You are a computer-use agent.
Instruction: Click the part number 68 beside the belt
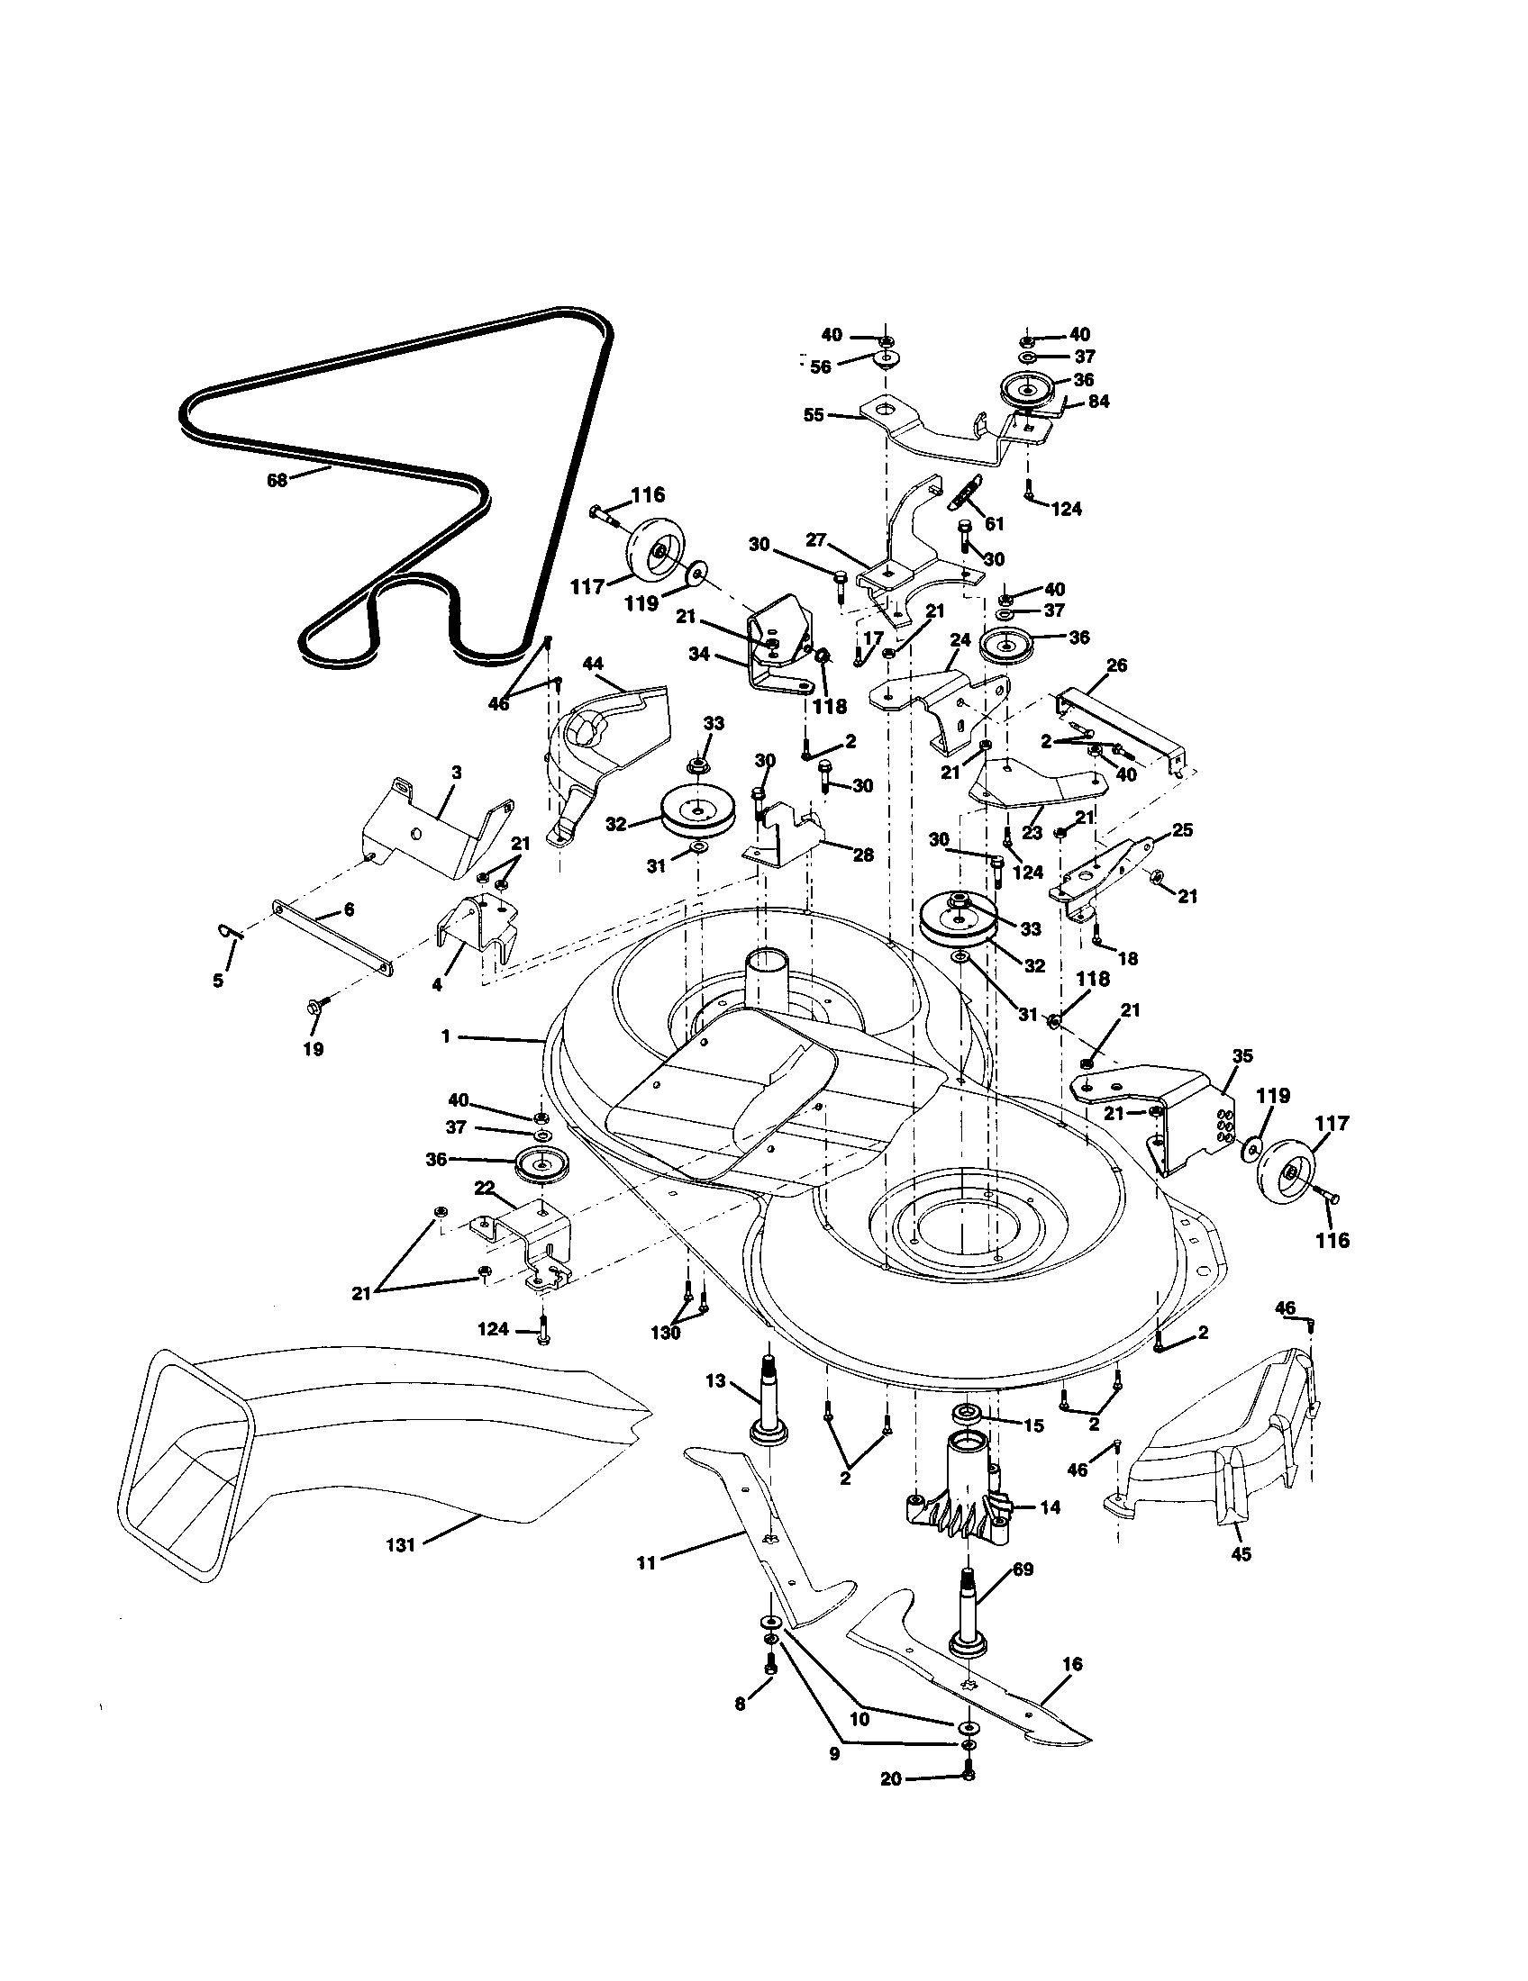pos(277,481)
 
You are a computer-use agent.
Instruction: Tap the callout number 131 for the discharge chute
pos(400,1544)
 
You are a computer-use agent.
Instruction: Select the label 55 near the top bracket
pos(814,414)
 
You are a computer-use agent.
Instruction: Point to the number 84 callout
pos(1098,401)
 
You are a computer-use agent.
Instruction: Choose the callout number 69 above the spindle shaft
pos(1022,1569)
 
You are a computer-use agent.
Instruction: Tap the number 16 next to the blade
pos(1071,1664)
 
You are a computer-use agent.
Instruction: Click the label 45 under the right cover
pos(1241,1554)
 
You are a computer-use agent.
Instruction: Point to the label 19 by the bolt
pos(313,1049)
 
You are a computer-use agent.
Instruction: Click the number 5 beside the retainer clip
pos(218,980)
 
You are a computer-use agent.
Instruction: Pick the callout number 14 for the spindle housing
pos(1050,1506)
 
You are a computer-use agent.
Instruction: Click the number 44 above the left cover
pos(593,664)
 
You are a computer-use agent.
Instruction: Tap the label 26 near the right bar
pos(1116,665)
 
